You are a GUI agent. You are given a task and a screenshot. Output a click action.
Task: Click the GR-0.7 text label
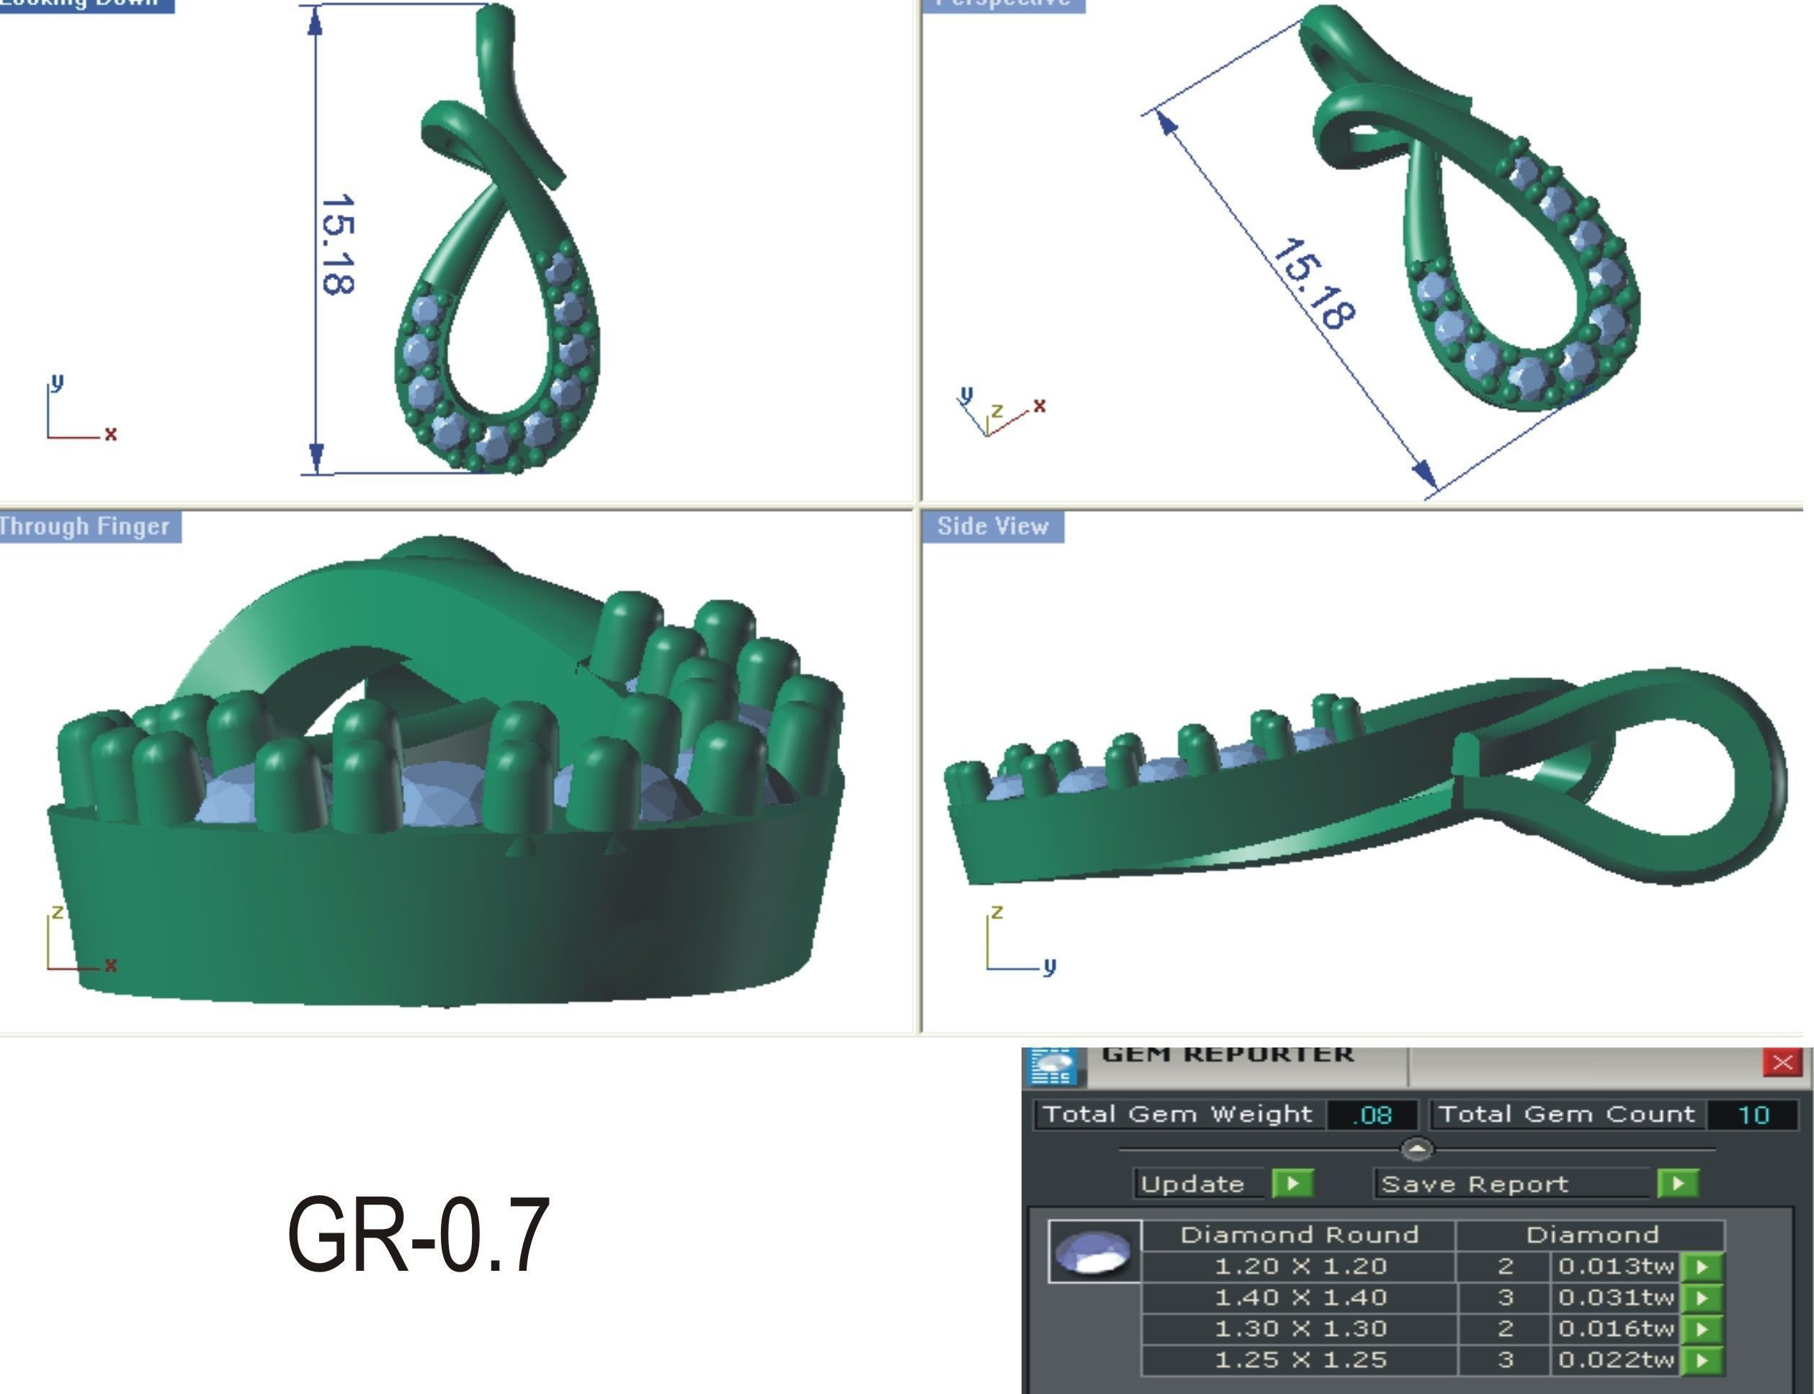click(x=419, y=1234)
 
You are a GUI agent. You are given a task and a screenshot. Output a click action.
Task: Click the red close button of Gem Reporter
click(x=1782, y=1063)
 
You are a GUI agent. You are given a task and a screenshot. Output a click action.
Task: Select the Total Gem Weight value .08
click(x=1372, y=1115)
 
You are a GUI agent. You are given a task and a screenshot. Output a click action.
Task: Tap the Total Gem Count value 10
click(x=1753, y=1115)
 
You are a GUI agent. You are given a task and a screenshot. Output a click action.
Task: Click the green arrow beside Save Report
click(x=1677, y=1183)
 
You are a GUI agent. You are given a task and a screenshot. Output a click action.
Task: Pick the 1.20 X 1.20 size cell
click(x=1300, y=1267)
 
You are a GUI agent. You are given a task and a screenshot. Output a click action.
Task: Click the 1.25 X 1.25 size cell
click(x=1300, y=1360)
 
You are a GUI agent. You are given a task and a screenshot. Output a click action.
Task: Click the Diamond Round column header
click(x=1299, y=1236)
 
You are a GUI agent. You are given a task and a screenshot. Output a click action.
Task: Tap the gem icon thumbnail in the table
click(x=1094, y=1252)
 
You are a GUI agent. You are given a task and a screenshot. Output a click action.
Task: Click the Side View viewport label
click(x=993, y=526)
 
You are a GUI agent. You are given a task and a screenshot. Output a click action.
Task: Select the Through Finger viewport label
click(x=86, y=526)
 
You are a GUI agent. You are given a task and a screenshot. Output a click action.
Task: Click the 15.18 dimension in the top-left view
click(x=338, y=245)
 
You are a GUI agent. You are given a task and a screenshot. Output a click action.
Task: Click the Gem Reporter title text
click(x=1226, y=1055)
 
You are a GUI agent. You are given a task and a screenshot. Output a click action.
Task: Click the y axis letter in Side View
click(x=1050, y=966)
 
